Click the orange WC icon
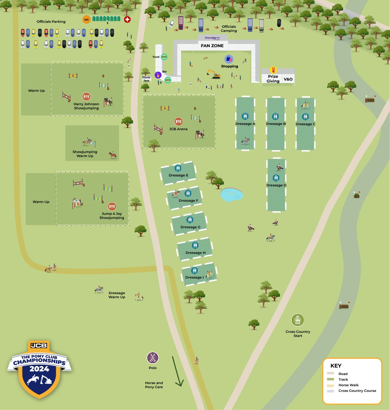click(86, 20)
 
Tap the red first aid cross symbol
click(127, 19)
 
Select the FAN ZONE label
click(212, 46)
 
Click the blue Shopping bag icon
click(229, 59)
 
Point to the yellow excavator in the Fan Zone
click(214, 74)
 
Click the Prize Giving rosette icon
click(273, 70)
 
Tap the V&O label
click(288, 79)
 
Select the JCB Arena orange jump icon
click(178, 121)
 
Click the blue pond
click(231, 195)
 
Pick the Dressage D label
click(276, 185)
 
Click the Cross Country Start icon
click(298, 320)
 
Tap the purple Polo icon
click(153, 358)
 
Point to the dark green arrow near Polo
click(177, 371)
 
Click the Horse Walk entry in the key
click(348, 385)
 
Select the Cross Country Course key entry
click(357, 391)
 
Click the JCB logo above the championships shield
click(39, 345)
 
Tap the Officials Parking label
click(51, 22)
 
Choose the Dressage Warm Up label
click(117, 295)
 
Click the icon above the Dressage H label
click(195, 245)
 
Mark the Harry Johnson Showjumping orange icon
click(86, 97)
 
